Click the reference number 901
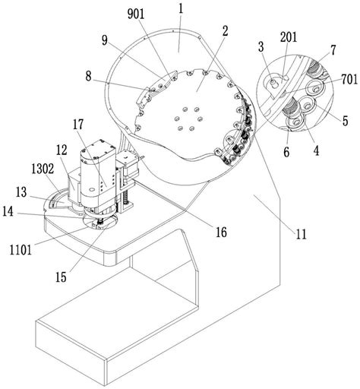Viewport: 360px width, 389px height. (x=136, y=14)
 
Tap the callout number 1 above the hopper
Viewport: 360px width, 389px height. (x=181, y=10)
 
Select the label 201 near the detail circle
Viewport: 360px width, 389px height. (x=289, y=37)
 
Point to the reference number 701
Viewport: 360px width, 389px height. (x=349, y=80)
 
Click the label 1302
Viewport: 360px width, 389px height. (x=43, y=169)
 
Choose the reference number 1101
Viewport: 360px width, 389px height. (x=21, y=250)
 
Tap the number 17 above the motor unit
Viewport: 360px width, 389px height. (x=78, y=125)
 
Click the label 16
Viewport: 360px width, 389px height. (x=221, y=232)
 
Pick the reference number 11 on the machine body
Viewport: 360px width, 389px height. (x=302, y=234)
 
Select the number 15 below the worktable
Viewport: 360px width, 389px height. (x=61, y=277)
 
